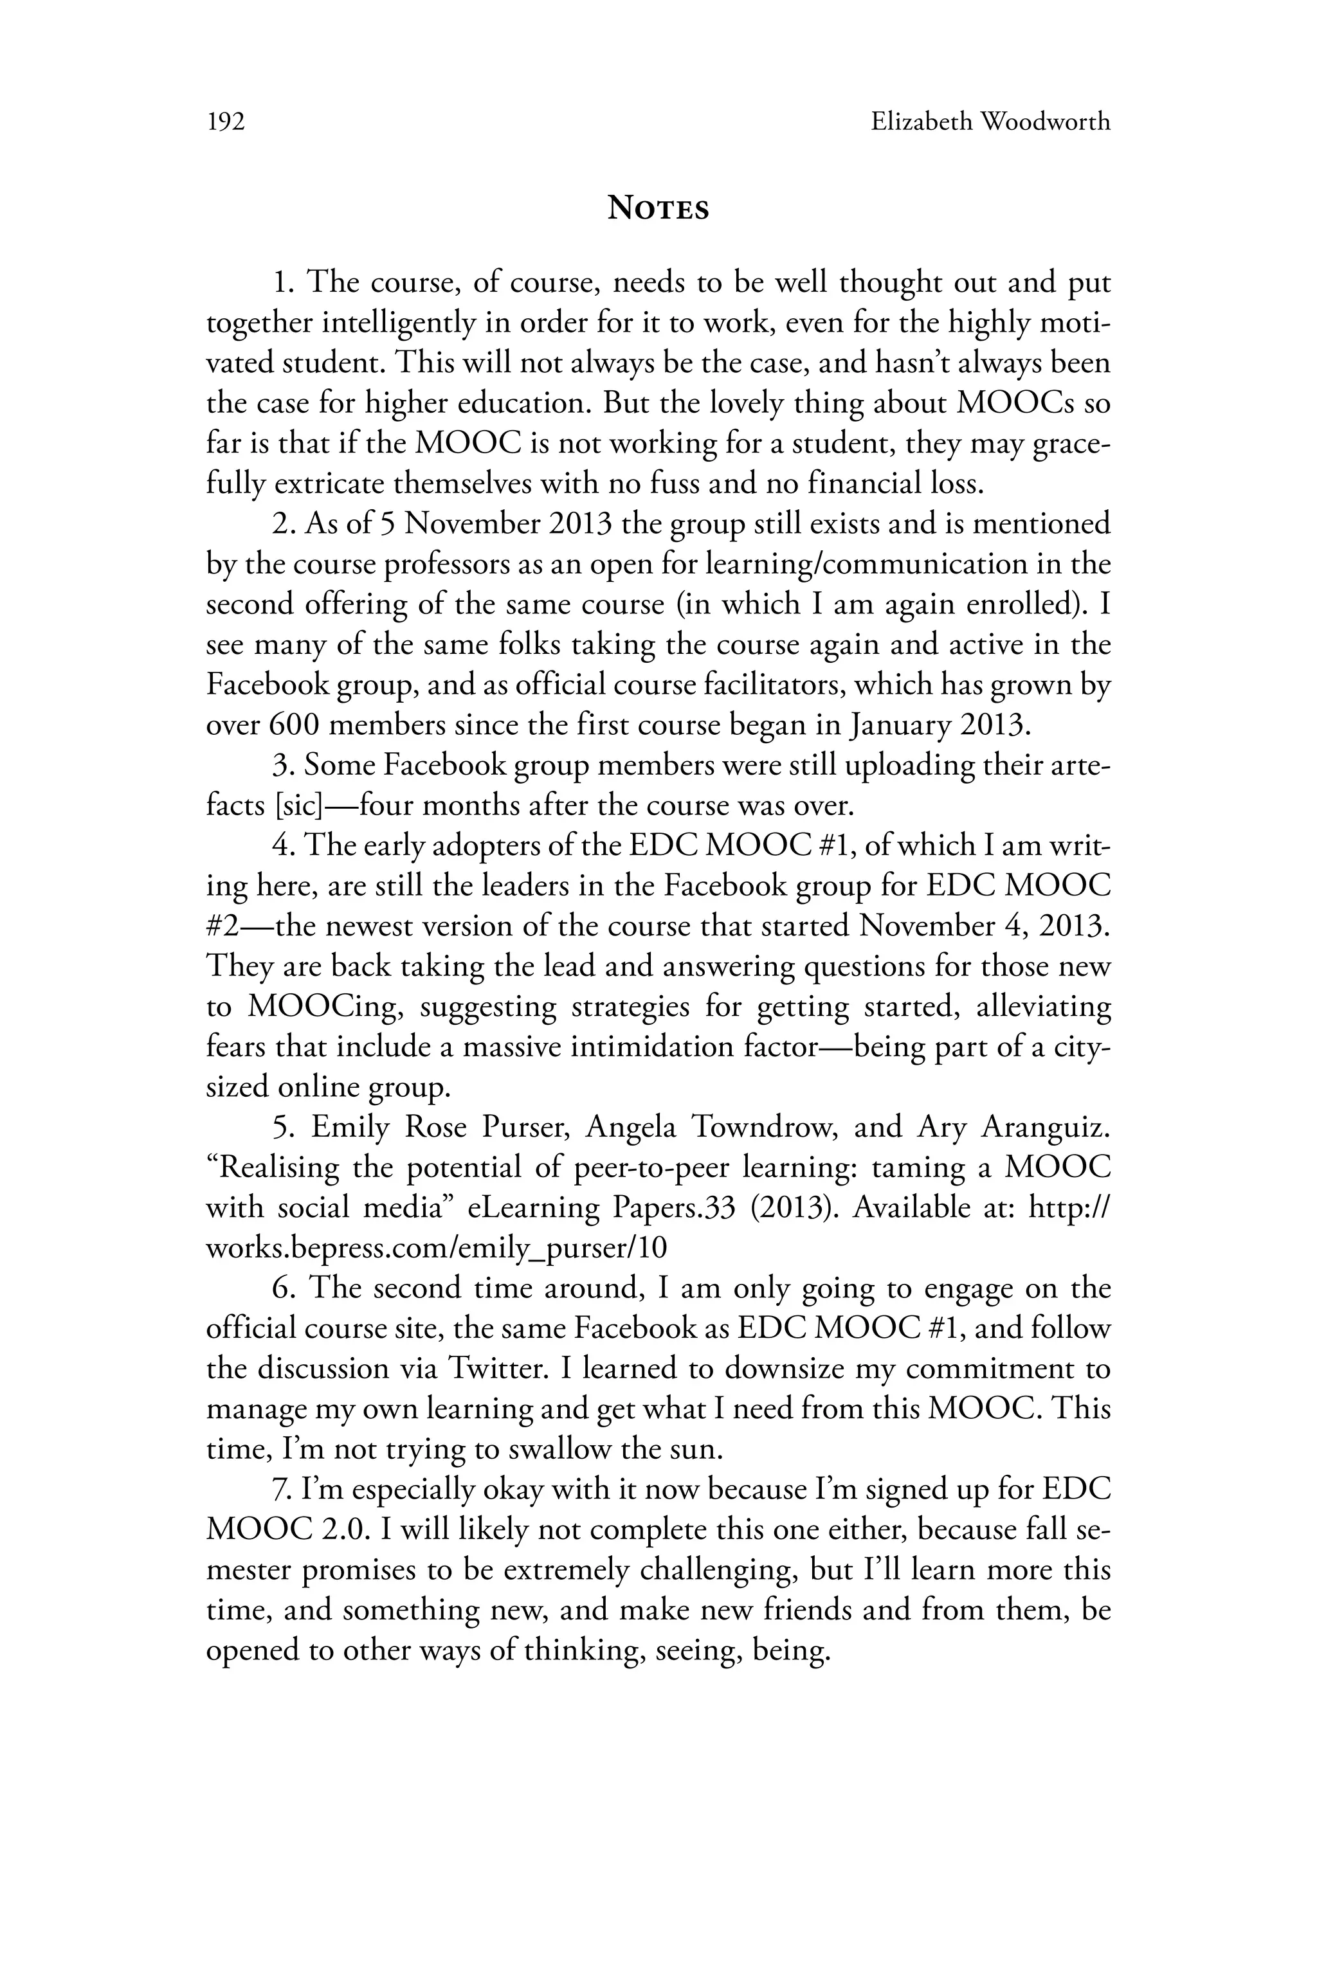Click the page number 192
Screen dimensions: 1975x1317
pyautogui.click(x=225, y=123)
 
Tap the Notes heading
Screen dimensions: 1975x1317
pyautogui.click(x=658, y=208)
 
